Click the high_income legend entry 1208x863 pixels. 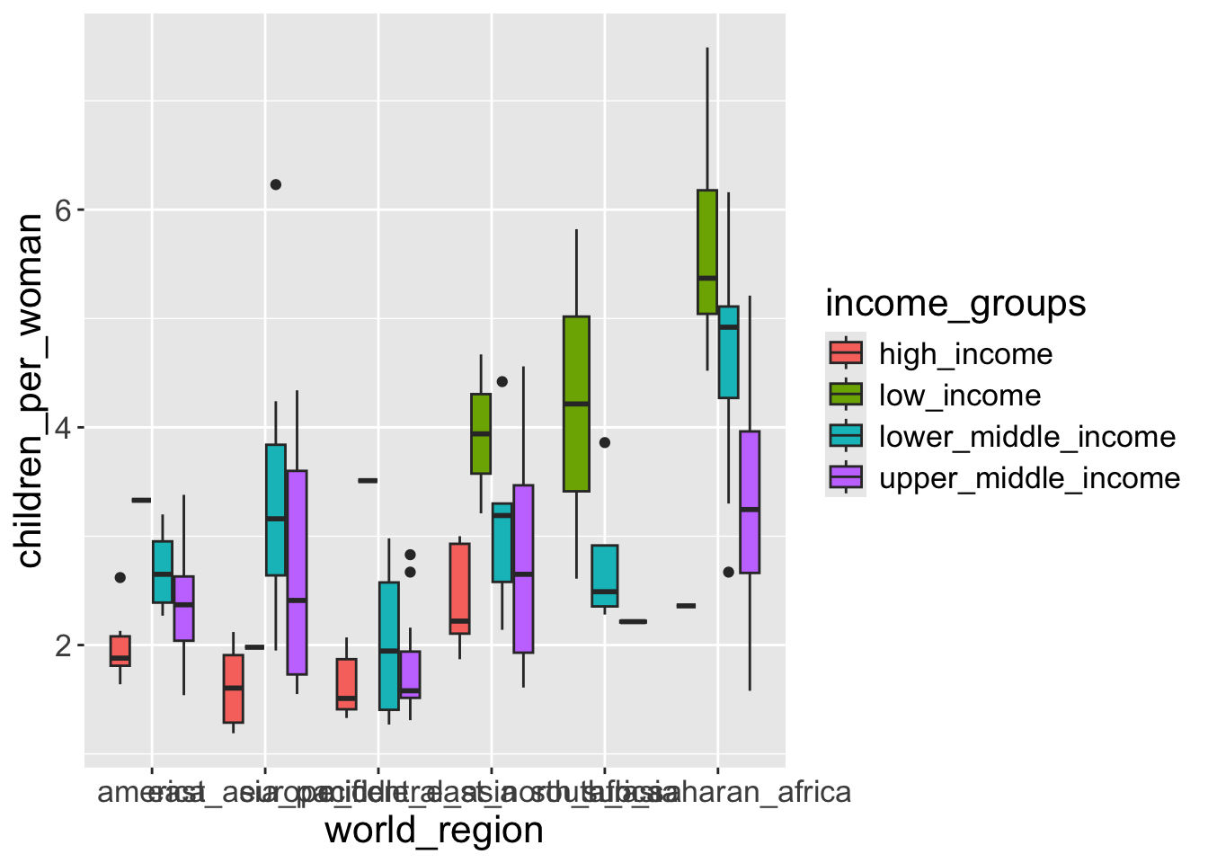tap(965, 354)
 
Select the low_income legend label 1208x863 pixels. tap(960, 396)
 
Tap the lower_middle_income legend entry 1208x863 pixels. tap(1026, 437)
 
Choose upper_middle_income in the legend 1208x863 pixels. tap(1029, 478)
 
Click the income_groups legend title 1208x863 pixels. tap(955, 304)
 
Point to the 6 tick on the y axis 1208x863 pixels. tap(63, 210)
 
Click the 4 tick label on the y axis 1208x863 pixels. tap(63, 428)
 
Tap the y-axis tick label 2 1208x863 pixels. tap(63, 645)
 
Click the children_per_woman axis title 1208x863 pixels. tap(31, 391)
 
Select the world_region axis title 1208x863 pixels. tap(434, 830)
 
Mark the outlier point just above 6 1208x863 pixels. tap(276, 184)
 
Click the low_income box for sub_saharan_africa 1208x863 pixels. tap(707, 252)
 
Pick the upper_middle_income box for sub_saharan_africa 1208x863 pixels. tap(750, 502)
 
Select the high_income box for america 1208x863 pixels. tap(120, 651)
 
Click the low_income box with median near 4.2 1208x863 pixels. tap(576, 404)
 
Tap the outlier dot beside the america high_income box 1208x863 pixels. tap(120, 577)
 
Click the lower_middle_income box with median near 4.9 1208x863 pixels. tap(728, 351)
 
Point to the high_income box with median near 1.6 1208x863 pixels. tap(234, 689)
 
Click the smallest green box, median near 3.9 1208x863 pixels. tap(481, 433)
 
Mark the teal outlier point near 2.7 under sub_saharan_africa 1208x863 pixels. tap(729, 572)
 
